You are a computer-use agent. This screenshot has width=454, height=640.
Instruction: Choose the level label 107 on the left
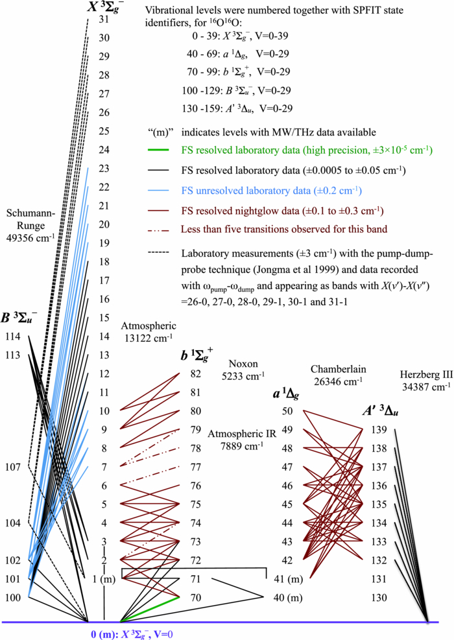[12, 466]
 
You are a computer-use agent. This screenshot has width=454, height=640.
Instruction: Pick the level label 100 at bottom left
[12, 597]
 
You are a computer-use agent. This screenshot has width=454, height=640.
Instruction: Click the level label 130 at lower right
[379, 597]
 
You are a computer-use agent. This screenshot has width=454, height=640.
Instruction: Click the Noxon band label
[243, 368]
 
